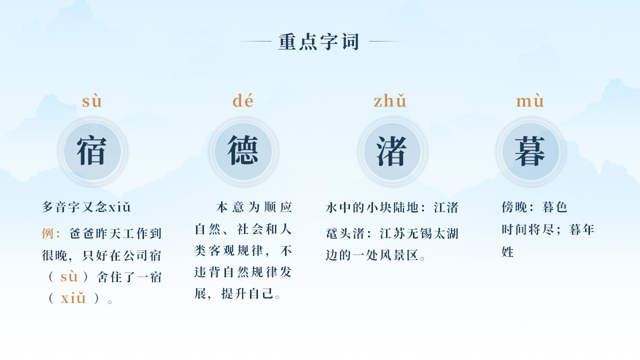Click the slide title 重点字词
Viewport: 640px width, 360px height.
click(x=319, y=41)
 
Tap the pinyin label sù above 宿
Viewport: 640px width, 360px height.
click(x=92, y=101)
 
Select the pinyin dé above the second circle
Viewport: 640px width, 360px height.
click(x=243, y=100)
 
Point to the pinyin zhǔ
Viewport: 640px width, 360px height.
click(x=390, y=100)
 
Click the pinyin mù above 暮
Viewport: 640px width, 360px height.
click(x=530, y=100)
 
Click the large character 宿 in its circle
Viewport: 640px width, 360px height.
click(x=91, y=151)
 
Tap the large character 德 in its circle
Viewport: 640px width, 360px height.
click(x=243, y=150)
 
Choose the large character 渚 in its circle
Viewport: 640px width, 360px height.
click(x=391, y=151)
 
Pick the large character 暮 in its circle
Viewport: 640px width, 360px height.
click(x=530, y=151)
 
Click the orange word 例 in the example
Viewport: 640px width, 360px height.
click(x=47, y=233)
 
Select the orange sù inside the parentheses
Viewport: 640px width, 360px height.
click(x=69, y=276)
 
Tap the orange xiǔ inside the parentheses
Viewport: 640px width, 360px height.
click(x=73, y=298)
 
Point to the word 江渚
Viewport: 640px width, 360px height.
click(x=446, y=207)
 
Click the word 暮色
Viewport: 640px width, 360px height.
click(x=554, y=207)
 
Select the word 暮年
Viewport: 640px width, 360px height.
click(x=581, y=229)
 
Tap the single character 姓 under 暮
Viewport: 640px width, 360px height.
click(x=507, y=252)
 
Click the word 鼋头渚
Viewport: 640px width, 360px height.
click(x=345, y=233)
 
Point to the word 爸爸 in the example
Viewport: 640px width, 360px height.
click(x=81, y=233)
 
